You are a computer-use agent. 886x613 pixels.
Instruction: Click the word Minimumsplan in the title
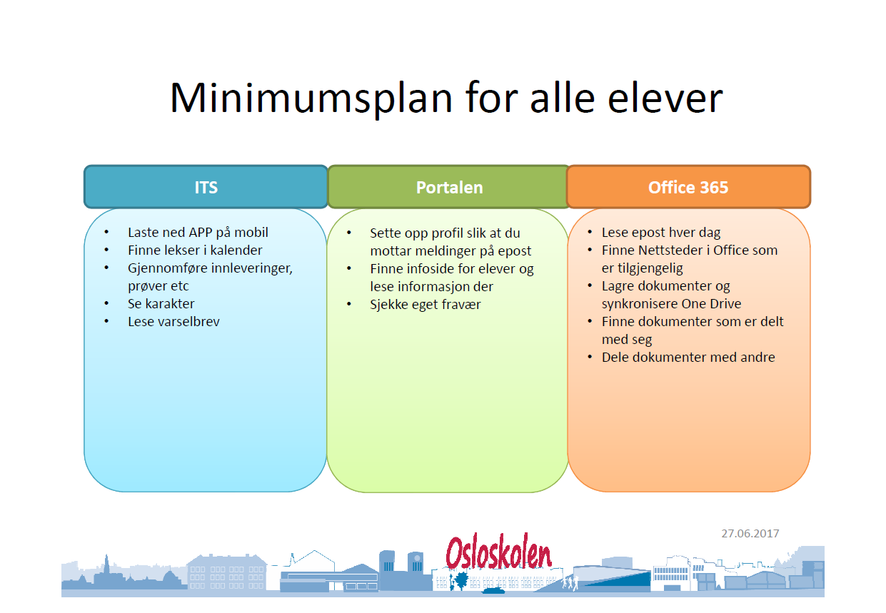coord(311,98)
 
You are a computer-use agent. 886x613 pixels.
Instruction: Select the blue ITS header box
coord(206,187)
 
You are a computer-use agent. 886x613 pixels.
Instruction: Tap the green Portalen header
coord(449,187)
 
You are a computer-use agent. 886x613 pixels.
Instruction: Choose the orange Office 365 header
coord(689,187)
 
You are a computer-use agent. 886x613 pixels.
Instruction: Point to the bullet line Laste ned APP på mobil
coord(198,233)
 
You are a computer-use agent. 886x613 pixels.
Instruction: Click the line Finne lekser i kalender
coord(195,250)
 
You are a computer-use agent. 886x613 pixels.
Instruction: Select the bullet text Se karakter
coord(161,304)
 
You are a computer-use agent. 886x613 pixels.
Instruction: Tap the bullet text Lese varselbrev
coord(173,322)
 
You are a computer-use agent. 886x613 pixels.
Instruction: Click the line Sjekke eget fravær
coord(426,305)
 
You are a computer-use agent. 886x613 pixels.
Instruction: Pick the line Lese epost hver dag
coord(661,233)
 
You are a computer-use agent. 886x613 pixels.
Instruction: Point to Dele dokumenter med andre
coord(688,357)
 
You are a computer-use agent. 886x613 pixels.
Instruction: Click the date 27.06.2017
coord(750,534)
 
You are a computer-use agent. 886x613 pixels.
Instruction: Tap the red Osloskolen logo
coord(498,552)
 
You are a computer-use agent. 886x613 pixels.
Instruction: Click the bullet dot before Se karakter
coord(106,303)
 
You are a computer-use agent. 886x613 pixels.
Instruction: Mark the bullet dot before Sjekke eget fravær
coord(349,304)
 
